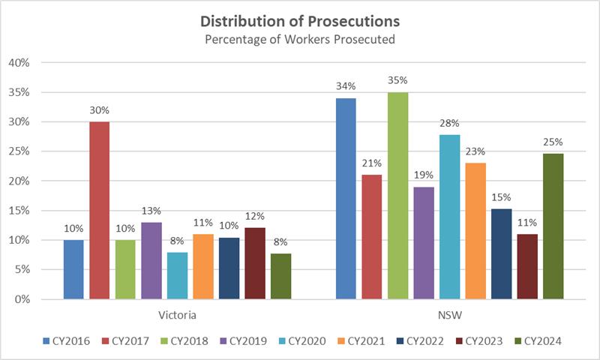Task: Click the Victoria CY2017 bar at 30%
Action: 100,210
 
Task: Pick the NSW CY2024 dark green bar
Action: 552,226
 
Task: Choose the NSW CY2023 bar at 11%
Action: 526,266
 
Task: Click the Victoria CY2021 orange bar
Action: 203,266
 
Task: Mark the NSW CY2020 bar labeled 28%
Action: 448,217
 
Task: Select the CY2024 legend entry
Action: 537,341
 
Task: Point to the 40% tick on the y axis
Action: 17,63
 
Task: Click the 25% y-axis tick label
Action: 17,151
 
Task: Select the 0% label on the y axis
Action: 20,299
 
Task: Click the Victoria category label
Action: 177,316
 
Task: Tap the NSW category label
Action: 448,316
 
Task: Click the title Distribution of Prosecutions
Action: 299,20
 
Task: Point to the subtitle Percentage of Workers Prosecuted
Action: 299,39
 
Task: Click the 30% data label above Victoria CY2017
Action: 100,110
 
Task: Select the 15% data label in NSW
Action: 500,197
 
